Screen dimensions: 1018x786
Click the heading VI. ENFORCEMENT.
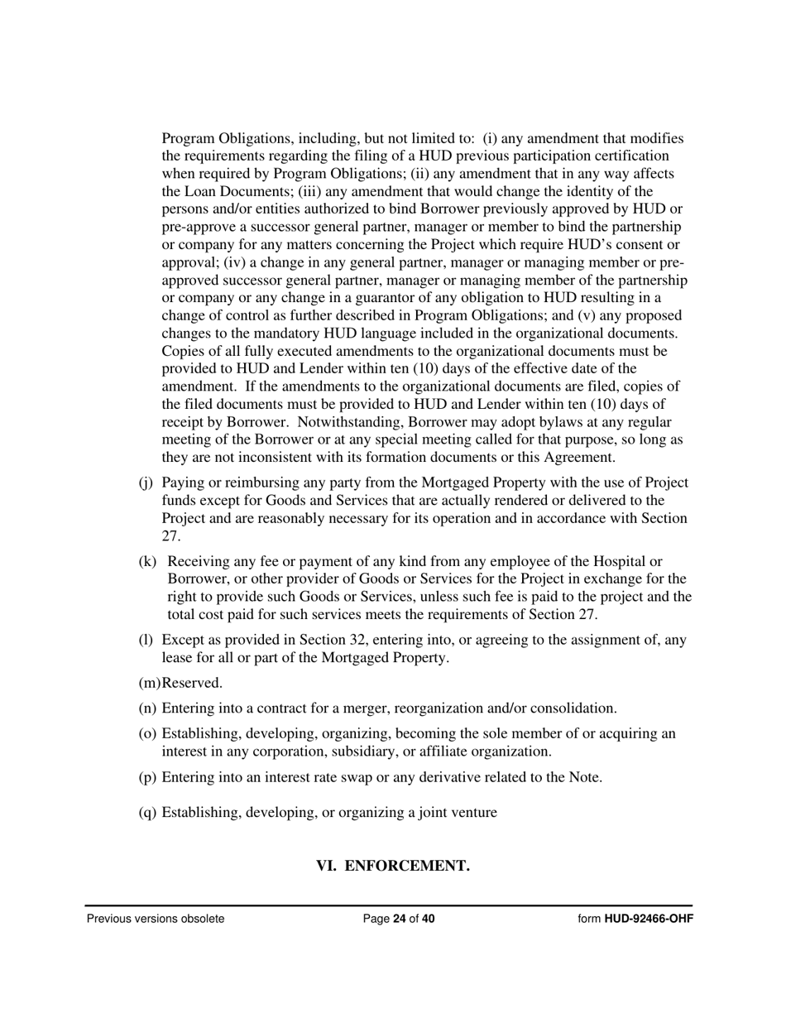click(393, 866)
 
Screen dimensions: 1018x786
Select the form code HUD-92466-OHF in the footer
click(648, 919)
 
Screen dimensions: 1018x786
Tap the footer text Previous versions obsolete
click(156, 919)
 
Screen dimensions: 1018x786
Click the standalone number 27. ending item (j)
click(171, 536)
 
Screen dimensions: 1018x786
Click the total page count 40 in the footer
click(428, 919)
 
